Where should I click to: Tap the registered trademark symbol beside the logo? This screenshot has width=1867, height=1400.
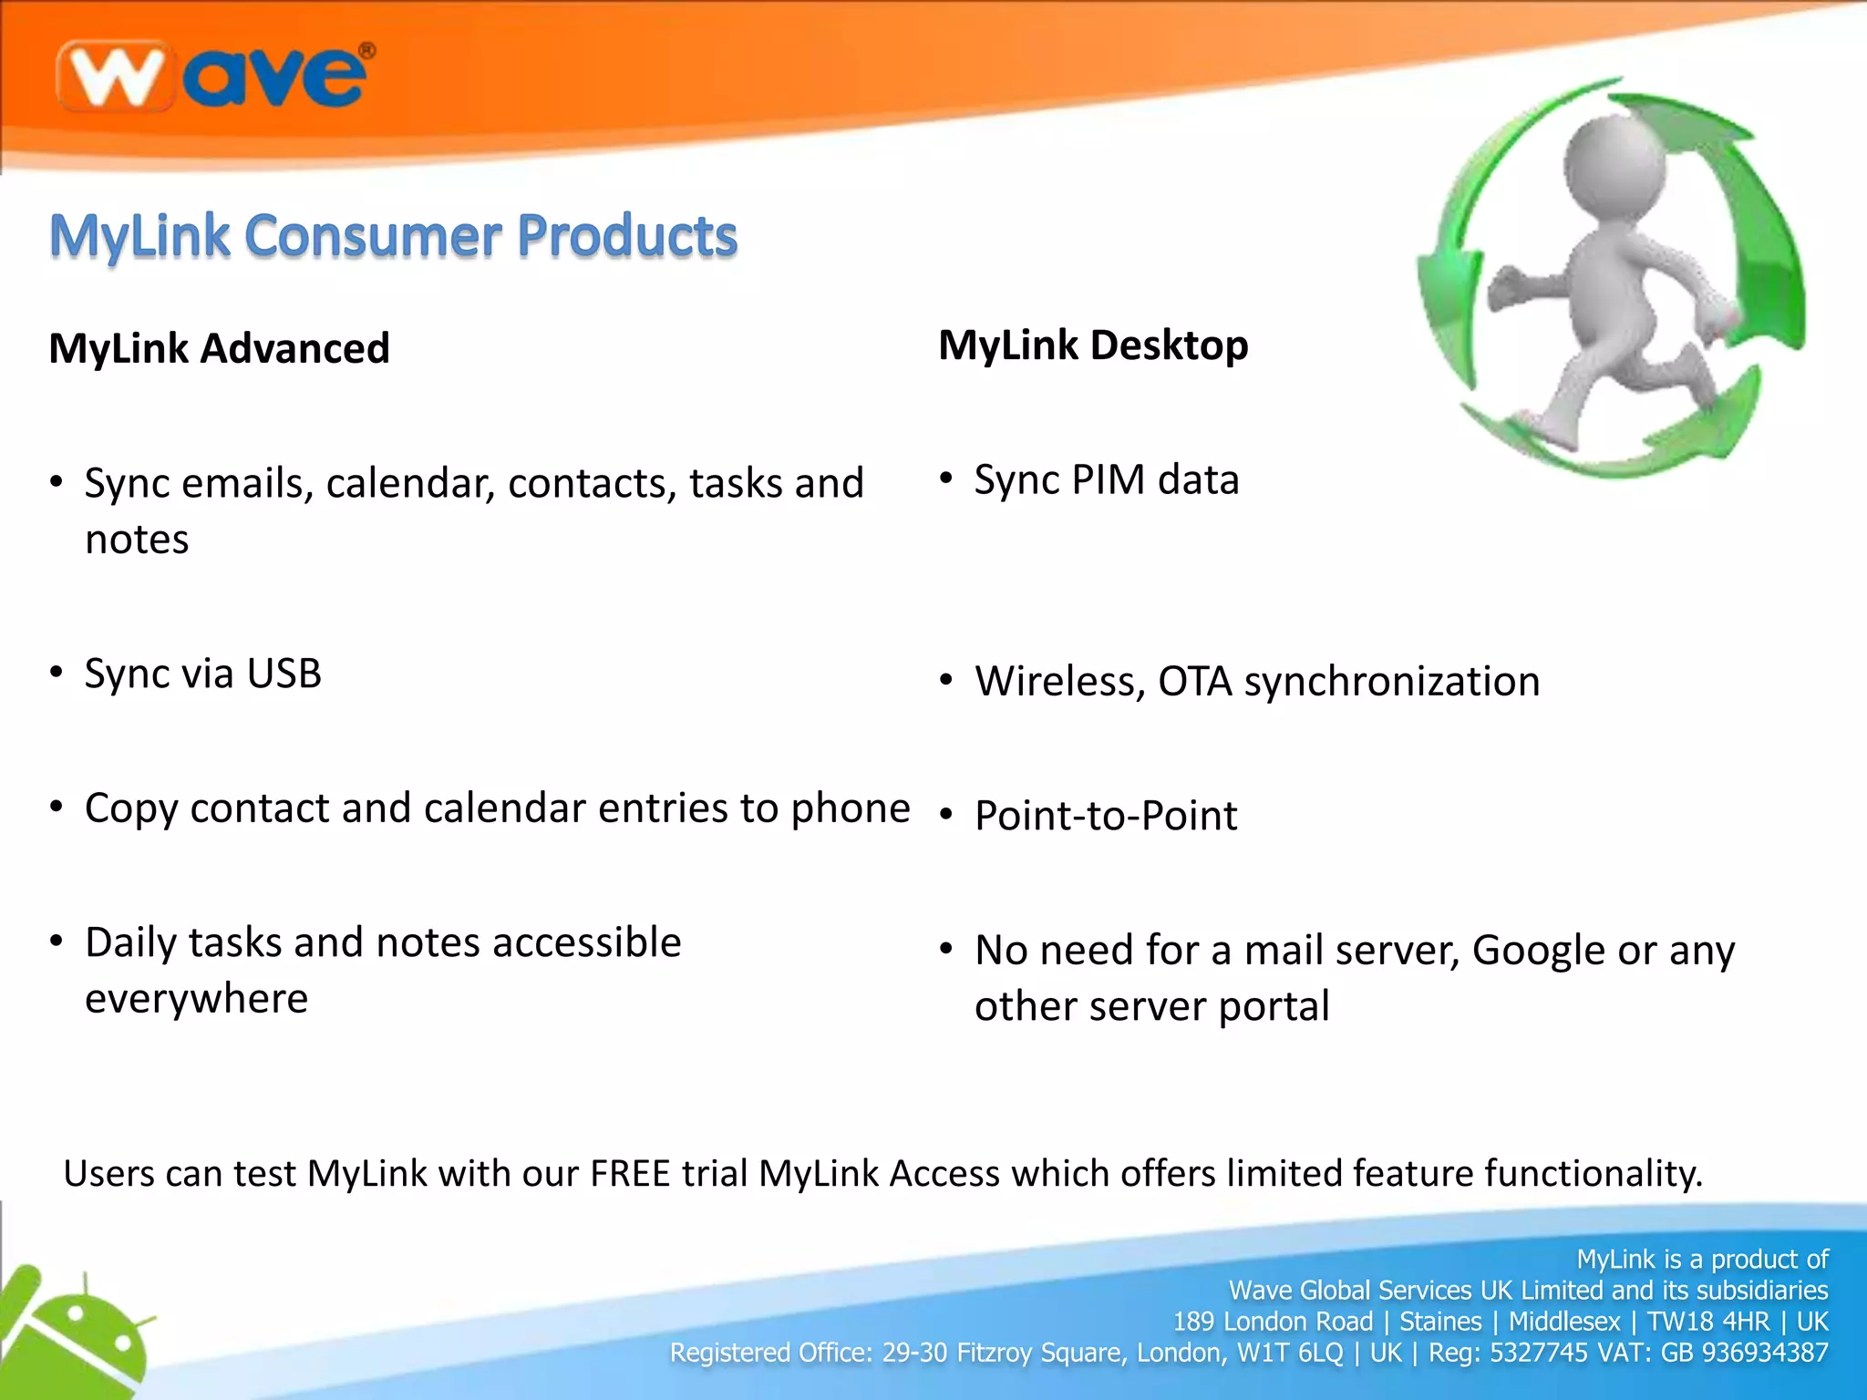coord(366,51)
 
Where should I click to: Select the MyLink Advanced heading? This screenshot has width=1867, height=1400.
coord(219,348)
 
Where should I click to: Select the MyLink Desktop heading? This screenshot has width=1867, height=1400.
coord(1093,345)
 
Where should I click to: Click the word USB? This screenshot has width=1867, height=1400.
coord(284,674)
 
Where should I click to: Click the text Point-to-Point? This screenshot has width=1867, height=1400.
coord(1106,815)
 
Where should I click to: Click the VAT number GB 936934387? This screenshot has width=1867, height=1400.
coord(1744,1353)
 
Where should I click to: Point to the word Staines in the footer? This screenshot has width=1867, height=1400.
coord(1440,1322)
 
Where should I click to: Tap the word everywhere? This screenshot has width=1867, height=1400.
coord(196,999)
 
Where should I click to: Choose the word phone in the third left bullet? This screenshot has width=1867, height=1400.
coord(851,808)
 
